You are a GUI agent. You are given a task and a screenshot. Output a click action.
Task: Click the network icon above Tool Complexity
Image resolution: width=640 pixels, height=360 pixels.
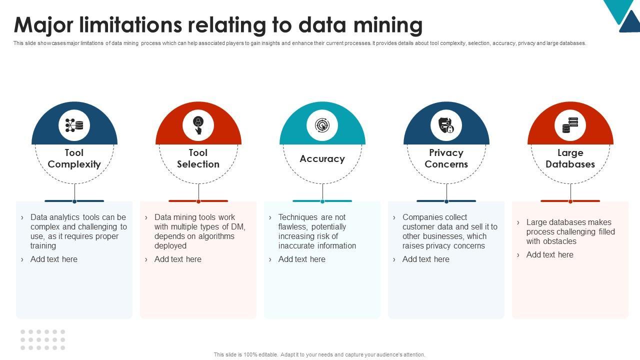coord(74,125)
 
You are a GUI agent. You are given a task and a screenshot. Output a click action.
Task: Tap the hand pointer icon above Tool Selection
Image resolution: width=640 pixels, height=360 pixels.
coord(198,125)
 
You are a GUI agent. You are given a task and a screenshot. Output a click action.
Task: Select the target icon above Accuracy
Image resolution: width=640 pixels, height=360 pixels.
coord(322,125)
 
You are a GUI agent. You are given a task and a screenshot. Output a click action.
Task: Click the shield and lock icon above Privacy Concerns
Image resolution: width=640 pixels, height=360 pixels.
coord(446,125)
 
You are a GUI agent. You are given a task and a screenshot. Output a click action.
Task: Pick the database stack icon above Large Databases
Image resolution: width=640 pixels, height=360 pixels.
coord(570,125)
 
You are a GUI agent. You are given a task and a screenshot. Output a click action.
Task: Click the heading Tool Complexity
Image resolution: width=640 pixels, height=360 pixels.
coord(74,158)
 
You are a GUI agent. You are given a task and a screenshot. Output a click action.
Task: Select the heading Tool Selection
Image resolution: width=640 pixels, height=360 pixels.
coord(198,158)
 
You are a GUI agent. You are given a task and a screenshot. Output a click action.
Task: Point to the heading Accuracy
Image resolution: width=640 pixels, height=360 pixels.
coord(322,158)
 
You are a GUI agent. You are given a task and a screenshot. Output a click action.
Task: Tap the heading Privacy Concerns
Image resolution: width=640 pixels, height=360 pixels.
coord(446,158)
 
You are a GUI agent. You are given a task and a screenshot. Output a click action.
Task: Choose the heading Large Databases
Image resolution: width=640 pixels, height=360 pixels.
coord(570,158)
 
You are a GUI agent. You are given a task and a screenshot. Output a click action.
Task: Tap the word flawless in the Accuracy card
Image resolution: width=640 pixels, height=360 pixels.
coord(293,227)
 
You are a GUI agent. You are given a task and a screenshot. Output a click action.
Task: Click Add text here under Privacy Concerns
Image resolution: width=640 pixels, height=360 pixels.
coord(425,259)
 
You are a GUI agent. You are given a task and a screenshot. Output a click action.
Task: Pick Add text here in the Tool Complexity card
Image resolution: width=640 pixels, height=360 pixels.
coord(53,259)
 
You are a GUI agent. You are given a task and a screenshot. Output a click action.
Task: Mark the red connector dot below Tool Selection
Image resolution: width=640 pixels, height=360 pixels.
coord(198,201)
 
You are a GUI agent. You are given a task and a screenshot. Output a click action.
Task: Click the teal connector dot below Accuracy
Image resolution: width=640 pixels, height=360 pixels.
coord(322,201)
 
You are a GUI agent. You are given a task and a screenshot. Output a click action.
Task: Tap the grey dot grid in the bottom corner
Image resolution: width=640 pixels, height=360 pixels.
coord(42,339)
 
